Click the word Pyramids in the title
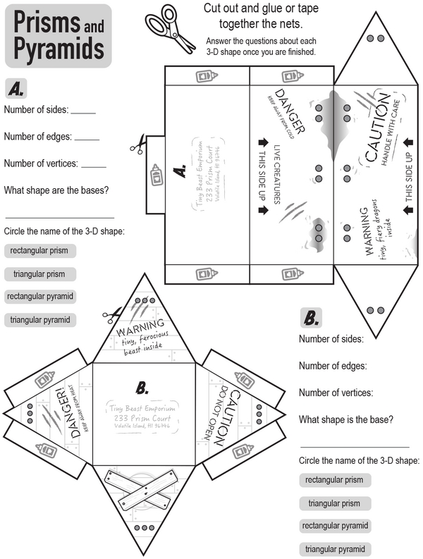pos(59,49)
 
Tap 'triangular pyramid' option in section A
pos(40,320)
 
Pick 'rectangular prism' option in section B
pos(334,480)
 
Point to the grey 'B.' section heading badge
pos(311,318)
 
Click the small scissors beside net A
pos(137,145)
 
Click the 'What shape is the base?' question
pos(346,419)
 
